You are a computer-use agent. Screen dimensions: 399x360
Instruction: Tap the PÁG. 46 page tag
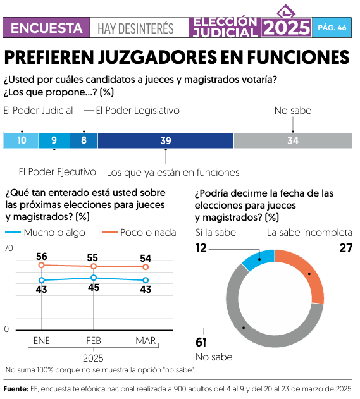[332, 28]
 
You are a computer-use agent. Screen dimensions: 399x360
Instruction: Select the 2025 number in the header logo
[286, 28]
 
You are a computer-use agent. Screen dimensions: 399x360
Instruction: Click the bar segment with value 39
[166, 140]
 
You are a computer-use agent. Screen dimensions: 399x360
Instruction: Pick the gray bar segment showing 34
[292, 140]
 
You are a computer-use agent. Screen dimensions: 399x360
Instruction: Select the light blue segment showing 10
[21, 140]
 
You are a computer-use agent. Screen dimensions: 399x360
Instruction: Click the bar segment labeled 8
[84, 140]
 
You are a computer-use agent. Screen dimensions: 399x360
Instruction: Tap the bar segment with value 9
[54, 140]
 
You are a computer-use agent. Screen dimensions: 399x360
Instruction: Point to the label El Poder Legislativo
[137, 110]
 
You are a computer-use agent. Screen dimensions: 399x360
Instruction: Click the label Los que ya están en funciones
[173, 172]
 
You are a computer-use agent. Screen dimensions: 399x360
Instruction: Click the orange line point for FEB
[94, 266]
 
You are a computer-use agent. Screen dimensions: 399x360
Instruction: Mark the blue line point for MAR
[146, 280]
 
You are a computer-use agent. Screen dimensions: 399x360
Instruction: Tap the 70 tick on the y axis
[8, 248]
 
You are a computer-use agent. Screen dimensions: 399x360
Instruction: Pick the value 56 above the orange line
[42, 257]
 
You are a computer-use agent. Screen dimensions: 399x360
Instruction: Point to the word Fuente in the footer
[15, 389]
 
